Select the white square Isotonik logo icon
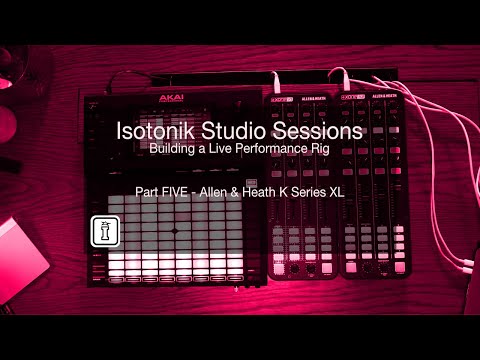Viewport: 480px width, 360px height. (101, 229)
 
